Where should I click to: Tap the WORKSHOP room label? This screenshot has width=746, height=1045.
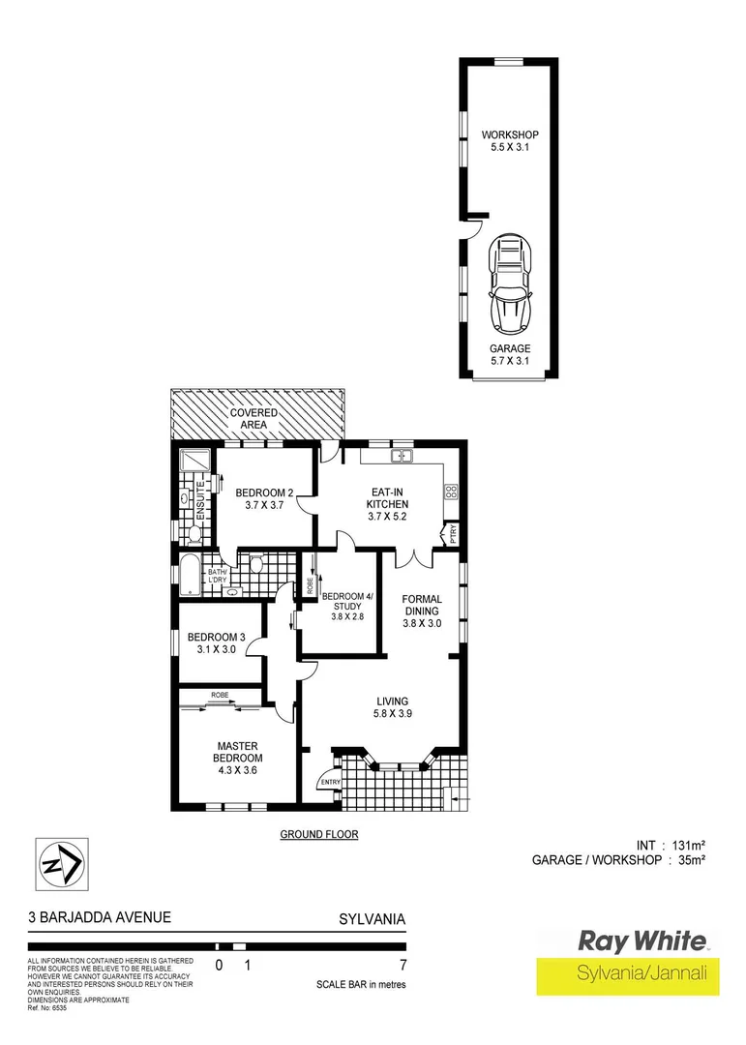click(510, 141)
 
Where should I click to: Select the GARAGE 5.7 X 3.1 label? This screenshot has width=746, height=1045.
click(510, 355)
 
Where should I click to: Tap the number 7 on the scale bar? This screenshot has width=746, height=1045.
click(403, 965)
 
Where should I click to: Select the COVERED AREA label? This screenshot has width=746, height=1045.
click(254, 419)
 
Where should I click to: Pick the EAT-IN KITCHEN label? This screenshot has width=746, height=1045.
click(387, 497)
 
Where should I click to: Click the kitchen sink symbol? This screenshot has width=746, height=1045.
click(402, 456)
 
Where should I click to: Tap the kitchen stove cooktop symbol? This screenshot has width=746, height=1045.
click(450, 493)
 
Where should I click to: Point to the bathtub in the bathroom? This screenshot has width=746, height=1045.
click(188, 577)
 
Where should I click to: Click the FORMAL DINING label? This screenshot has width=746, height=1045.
click(422, 611)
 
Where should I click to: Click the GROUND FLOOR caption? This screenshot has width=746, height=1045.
click(318, 834)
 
